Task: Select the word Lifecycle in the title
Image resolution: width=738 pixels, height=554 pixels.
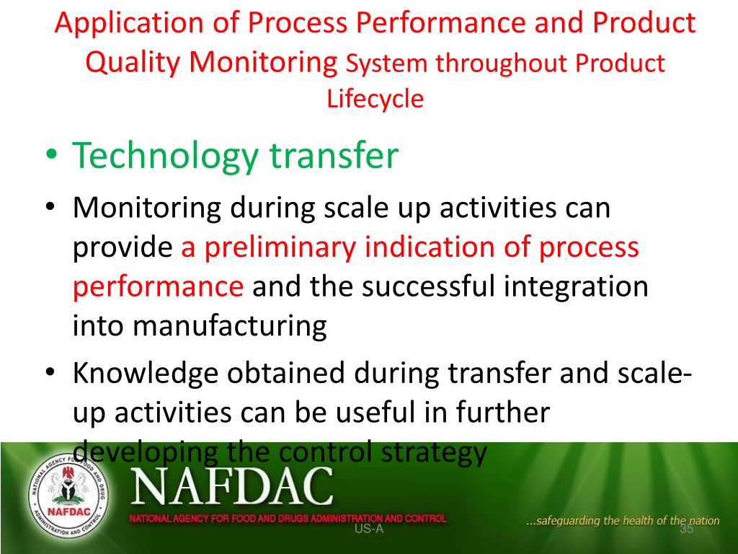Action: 375,100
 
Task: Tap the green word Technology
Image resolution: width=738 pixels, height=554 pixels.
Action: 166,156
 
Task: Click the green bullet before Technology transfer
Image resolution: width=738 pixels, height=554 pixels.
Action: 52,154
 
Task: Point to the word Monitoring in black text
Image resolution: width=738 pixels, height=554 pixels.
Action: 147,208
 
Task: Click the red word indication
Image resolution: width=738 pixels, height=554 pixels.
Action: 430,247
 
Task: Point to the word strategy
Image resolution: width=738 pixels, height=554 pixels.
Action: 433,453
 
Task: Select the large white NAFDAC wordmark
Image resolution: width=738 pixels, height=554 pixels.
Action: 232,486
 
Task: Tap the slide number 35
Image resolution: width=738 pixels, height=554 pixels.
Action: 687,529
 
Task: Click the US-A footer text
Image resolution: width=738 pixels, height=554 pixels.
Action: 369,529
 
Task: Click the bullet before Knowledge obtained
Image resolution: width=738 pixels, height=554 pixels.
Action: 51,373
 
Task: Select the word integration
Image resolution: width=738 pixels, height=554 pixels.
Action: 576,287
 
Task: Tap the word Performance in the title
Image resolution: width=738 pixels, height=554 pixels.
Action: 440,22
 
